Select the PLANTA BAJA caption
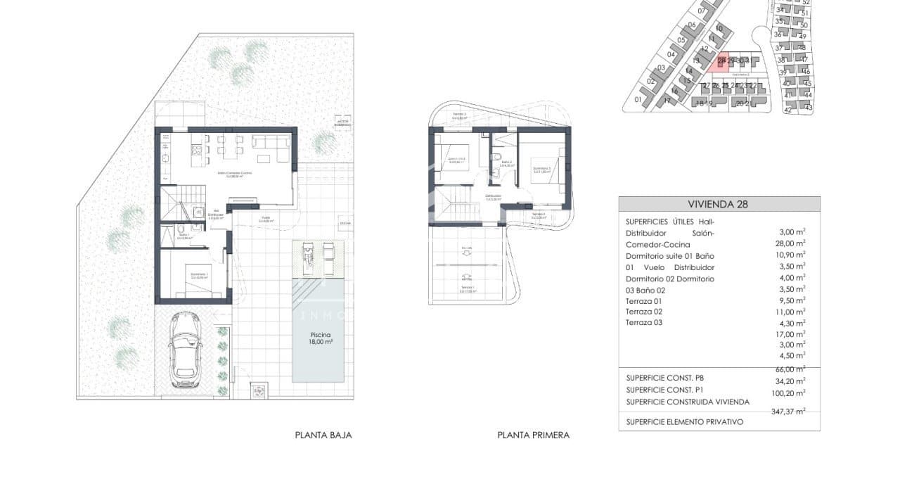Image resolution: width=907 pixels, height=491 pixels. tap(323, 435)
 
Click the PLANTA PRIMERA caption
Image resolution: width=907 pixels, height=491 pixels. tap(533, 435)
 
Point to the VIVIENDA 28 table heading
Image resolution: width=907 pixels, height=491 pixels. tap(718, 205)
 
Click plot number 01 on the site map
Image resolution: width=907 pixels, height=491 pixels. tap(638, 100)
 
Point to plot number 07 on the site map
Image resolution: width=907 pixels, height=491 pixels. tap(702, 11)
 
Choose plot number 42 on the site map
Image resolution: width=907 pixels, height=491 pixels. tap(787, 110)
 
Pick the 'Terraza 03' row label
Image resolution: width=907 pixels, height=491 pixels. tap(643, 322)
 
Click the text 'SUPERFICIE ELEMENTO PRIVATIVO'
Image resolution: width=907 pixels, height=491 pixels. tap(684, 422)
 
